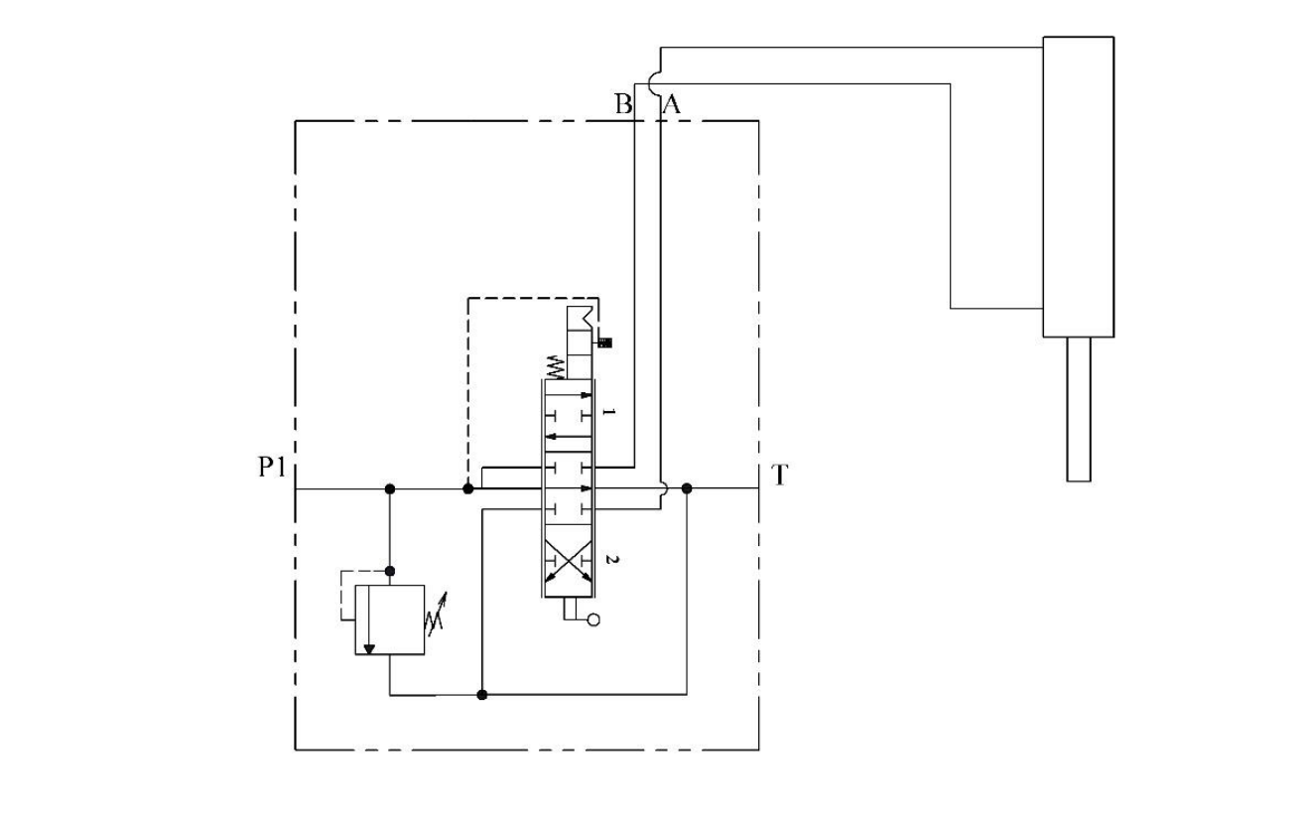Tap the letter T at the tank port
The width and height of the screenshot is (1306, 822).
pyautogui.click(x=780, y=476)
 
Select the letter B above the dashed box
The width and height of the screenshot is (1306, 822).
pyautogui.click(x=623, y=104)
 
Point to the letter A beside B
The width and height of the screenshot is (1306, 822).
pyautogui.click(x=671, y=104)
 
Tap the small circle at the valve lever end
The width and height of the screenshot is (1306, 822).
pyautogui.click(x=593, y=620)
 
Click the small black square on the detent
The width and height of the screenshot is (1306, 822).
pyautogui.click(x=603, y=343)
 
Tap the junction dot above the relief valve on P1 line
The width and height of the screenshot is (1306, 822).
pyautogui.click(x=390, y=488)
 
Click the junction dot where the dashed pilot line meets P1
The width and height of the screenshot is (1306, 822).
pyautogui.click(x=468, y=488)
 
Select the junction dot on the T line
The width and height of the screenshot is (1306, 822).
pyautogui.click(x=687, y=488)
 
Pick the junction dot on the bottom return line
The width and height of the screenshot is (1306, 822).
pyautogui.click(x=482, y=695)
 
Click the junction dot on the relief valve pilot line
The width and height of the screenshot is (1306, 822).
pyautogui.click(x=390, y=571)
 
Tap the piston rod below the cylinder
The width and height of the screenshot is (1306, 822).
pyautogui.click(x=1079, y=409)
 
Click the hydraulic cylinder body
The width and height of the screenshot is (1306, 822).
pyautogui.click(x=1078, y=187)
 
